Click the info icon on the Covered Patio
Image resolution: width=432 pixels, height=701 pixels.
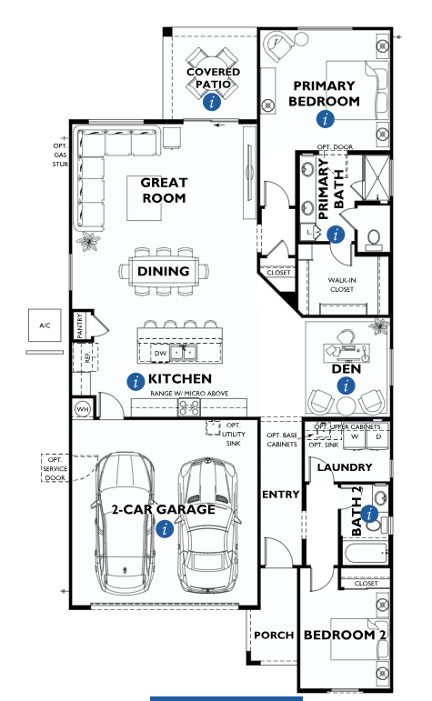click(212, 102)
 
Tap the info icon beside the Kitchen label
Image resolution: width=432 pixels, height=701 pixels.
click(136, 381)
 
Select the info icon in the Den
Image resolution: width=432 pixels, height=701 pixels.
click(346, 386)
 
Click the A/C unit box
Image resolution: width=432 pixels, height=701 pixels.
click(45, 325)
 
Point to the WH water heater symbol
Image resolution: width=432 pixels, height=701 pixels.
click(83, 409)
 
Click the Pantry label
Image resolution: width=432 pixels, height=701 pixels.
click(80, 325)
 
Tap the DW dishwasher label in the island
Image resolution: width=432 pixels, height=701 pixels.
click(160, 353)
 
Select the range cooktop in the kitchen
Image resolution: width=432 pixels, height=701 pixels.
click(189, 406)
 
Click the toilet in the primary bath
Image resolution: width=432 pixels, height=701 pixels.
click(373, 239)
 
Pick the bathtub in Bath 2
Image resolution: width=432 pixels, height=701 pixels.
click(367, 555)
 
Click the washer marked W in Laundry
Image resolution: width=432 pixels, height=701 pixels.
click(355, 438)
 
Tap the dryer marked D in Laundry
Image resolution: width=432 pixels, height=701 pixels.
click(378, 438)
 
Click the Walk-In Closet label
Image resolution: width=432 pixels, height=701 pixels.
click(342, 285)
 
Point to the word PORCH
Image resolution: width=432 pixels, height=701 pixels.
click(274, 636)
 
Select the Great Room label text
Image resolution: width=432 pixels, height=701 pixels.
click(164, 190)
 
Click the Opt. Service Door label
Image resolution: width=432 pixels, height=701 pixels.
click(55, 468)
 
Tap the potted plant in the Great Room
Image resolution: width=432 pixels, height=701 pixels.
click(88, 243)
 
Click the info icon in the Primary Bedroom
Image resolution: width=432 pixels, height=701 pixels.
click(325, 119)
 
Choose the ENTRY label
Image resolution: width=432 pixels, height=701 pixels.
click(280, 495)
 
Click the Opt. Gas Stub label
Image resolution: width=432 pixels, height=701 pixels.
click(60, 155)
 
